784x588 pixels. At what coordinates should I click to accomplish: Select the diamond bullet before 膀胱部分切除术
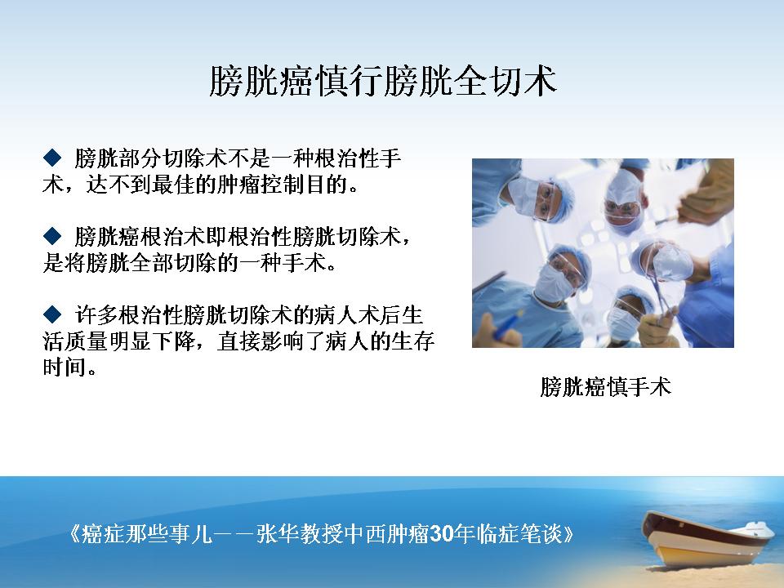coord(52,158)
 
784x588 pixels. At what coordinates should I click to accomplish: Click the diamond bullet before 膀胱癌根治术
coord(52,235)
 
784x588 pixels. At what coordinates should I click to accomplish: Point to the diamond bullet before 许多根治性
coord(52,314)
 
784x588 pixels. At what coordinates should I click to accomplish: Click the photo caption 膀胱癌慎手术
coord(605,387)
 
